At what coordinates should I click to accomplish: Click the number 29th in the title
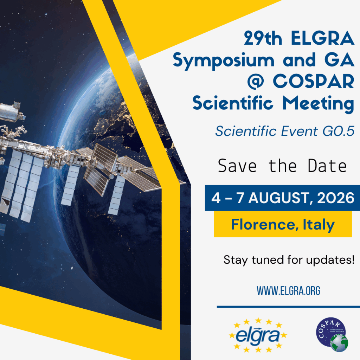(x=263, y=38)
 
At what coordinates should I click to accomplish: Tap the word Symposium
(x=224, y=60)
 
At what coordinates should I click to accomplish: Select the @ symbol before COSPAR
(x=256, y=81)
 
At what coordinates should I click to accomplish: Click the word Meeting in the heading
(x=318, y=104)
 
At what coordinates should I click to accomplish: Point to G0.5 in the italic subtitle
(x=339, y=131)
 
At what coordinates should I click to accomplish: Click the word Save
(x=237, y=166)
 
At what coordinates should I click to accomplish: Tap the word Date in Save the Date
(x=327, y=166)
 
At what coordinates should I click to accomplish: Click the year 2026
(x=336, y=198)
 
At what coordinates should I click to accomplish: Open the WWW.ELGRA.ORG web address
(x=288, y=291)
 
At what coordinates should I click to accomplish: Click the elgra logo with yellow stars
(x=258, y=335)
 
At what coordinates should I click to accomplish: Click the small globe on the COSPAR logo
(x=339, y=343)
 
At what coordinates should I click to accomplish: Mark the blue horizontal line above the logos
(x=288, y=307)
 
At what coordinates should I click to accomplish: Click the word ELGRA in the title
(x=323, y=38)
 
